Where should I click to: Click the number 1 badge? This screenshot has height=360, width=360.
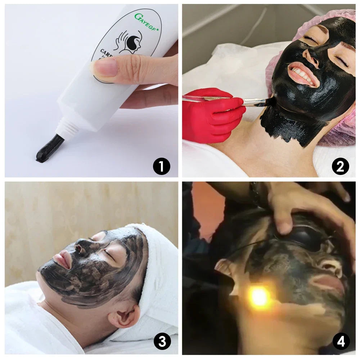tap(161, 166)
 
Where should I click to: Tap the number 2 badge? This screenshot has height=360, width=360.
tap(340, 166)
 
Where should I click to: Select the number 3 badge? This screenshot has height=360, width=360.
tap(162, 341)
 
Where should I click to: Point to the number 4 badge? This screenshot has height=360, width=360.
tap(341, 341)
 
